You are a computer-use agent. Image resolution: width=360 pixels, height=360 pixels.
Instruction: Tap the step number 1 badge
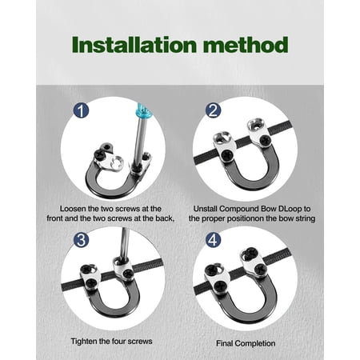tap(81, 110)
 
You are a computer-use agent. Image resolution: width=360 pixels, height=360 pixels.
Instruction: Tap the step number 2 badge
tap(213, 110)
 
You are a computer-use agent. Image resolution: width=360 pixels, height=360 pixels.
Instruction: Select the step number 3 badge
tap(81, 240)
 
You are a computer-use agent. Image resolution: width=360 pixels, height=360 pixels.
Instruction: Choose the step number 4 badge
tap(213, 240)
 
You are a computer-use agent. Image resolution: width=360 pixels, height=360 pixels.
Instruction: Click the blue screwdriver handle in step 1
tap(143, 111)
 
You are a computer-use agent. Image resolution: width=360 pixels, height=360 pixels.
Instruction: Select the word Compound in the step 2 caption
tap(239, 209)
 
